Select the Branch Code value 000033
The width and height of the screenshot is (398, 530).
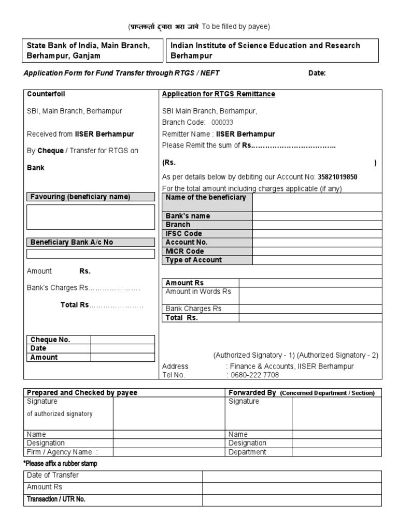click(222, 122)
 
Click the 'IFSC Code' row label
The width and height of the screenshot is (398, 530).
click(184, 233)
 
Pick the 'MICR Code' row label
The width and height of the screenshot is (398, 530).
click(184, 251)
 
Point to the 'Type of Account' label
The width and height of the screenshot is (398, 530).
click(193, 260)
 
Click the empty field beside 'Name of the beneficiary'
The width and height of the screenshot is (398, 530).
click(317, 202)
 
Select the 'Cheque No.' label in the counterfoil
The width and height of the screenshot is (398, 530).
click(50, 340)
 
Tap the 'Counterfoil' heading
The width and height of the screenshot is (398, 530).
click(46, 94)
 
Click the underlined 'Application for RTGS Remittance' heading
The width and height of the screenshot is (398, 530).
click(219, 94)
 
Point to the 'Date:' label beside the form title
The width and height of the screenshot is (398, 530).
click(317, 73)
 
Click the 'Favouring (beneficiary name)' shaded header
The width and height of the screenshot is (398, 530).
click(80, 197)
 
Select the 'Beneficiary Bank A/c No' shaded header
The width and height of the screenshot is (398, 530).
click(72, 242)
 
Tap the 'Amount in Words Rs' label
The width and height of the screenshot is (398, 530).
click(198, 291)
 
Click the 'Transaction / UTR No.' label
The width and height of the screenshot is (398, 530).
click(56, 499)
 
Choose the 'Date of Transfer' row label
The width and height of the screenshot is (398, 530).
click(53, 475)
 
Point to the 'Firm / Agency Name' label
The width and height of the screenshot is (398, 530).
click(62, 452)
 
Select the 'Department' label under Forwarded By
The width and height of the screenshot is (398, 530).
click(247, 452)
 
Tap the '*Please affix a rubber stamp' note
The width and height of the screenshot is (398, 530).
click(60, 463)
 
